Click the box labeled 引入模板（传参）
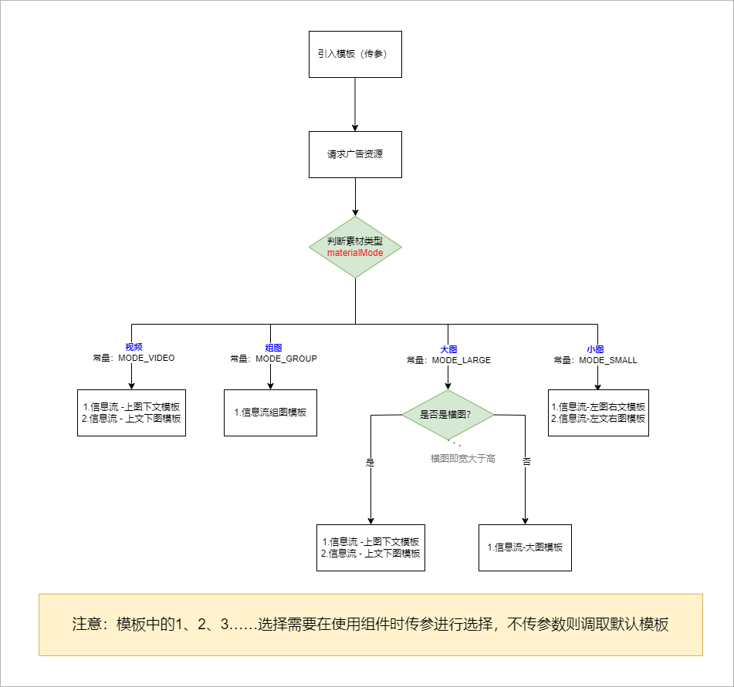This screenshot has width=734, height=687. click(x=355, y=54)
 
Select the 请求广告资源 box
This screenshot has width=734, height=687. click(x=355, y=154)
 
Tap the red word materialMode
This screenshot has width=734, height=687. click(x=355, y=253)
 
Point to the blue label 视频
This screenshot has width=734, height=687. click(x=134, y=348)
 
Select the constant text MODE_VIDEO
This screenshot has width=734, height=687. click(x=147, y=359)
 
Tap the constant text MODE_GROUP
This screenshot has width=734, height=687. click(x=286, y=359)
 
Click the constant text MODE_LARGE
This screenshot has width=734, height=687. click(x=462, y=360)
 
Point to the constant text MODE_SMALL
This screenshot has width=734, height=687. click(x=608, y=360)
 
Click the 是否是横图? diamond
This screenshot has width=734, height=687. click(x=448, y=414)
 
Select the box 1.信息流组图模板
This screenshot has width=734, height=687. click(x=270, y=413)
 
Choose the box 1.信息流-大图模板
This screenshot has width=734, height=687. click(x=525, y=547)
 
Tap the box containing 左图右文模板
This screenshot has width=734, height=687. click(x=598, y=413)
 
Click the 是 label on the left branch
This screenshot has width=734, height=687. click(x=370, y=463)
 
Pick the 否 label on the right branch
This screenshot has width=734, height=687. click(x=526, y=462)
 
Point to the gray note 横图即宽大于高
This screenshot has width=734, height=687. click(x=463, y=459)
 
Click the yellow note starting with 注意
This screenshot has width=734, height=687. click(x=370, y=625)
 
